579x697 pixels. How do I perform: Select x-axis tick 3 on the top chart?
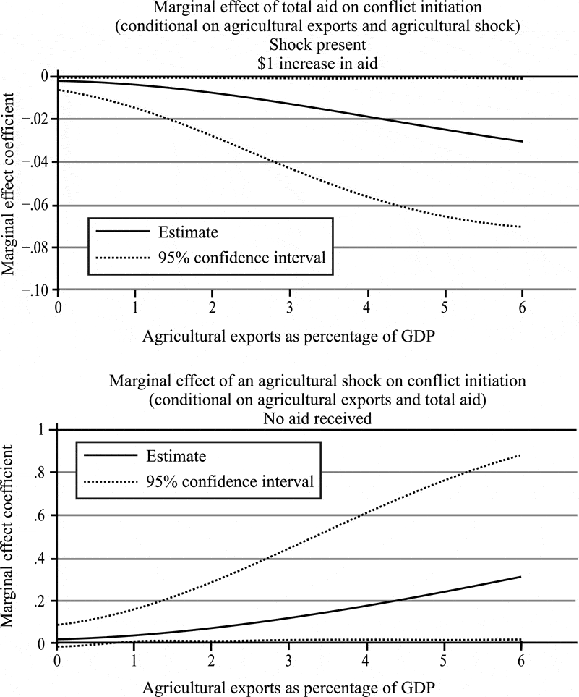pyautogui.click(x=289, y=307)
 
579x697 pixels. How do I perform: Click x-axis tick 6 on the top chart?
pyautogui.click(x=522, y=307)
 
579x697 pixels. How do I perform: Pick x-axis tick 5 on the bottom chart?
pyautogui.click(x=444, y=660)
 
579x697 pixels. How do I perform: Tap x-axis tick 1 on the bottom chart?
pyautogui.click(x=134, y=660)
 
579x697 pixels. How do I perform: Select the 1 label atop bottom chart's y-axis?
pyautogui.click(x=42, y=430)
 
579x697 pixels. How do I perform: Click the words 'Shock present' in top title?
pyautogui.click(x=317, y=45)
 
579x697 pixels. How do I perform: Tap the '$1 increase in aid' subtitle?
pyautogui.click(x=317, y=64)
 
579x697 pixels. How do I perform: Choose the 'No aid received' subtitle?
pyautogui.click(x=317, y=419)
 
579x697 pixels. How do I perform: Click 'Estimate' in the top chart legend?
pyautogui.click(x=188, y=232)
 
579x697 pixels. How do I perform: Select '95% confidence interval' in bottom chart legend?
pyautogui.click(x=230, y=482)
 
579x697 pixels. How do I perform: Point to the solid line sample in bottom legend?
pyautogui.click(x=111, y=455)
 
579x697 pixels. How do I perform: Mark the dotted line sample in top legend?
pyautogui.click(x=123, y=258)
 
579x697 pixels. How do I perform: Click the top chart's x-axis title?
pyautogui.click(x=288, y=337)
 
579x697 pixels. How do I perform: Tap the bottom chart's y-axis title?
pyautogui.click(x=9, y=536)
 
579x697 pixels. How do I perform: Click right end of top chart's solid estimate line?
pyautogui.click(x=523, y=142)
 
